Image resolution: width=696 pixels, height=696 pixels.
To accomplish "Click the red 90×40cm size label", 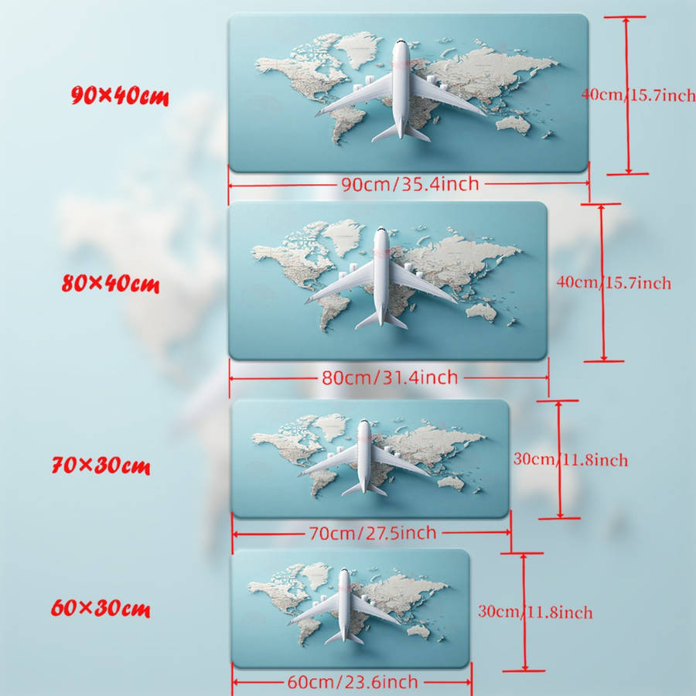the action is point(120,96).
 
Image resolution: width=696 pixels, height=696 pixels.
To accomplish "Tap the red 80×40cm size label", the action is point(111,283).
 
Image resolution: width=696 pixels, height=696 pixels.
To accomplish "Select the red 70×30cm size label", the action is point(101,466).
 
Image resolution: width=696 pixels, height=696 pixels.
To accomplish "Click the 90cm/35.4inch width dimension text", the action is point(410,184).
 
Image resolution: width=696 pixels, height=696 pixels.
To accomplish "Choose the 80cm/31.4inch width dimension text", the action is point(390,377).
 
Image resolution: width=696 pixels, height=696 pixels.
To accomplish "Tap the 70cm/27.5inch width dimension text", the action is point(373,533).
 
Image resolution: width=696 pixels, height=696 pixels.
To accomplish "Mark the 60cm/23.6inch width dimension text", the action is point(353,682).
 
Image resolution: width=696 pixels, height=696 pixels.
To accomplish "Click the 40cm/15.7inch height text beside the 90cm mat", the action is point(639,95).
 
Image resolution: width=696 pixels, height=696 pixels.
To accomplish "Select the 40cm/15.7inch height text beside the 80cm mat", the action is point(614,283).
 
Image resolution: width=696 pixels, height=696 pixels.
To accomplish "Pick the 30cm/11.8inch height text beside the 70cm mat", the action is point(571,459).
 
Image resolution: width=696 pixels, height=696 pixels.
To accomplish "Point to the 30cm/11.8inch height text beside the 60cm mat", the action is point(535,612).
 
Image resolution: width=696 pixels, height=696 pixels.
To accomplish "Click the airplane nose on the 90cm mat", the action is point(401,43).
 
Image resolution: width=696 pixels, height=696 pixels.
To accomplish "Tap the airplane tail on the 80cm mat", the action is point(380,320).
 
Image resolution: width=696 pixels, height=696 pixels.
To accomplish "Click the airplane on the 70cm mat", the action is point(364,457).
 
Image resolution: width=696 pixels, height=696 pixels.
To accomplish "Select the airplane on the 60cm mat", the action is point(344,606).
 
